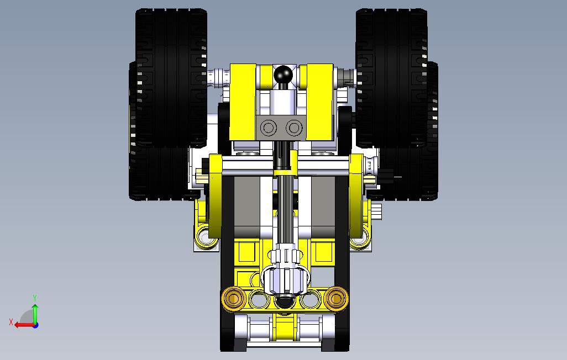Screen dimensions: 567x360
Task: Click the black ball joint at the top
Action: click(283, 75)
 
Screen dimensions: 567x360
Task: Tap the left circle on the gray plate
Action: click(269, 128)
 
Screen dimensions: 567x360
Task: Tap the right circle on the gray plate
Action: click(293, 128)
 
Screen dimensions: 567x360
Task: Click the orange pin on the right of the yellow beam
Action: click(336, 298)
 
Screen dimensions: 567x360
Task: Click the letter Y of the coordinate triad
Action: click(35, 298)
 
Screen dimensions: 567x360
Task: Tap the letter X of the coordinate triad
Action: click(11, 322)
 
